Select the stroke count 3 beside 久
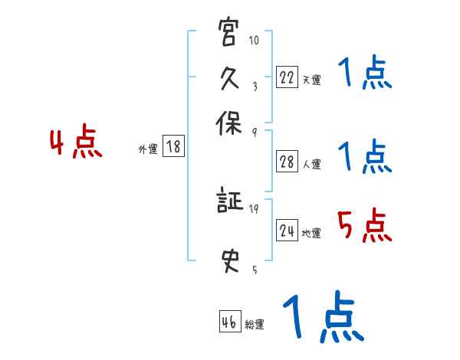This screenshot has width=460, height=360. [x=254, y=86]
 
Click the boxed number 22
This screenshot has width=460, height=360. [x=286, y=77]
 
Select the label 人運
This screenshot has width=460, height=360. [x=312, y=164]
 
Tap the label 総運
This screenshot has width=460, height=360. [x=255, y=324]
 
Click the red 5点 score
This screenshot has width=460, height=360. [x=364, y=225]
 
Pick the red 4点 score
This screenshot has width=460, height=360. [x=76, y=144]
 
